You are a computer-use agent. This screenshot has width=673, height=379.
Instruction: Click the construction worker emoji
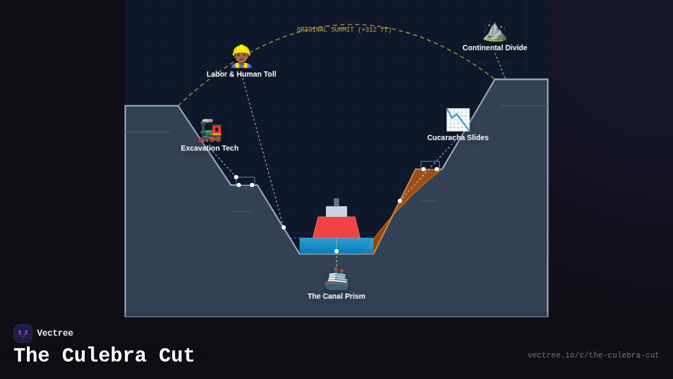(x=241, y=56)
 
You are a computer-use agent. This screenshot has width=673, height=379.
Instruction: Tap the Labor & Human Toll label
(x=241, y=74)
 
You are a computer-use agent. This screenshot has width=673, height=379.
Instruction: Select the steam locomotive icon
(x=210, y=130)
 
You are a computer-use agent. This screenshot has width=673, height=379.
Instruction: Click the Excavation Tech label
(x=210, y=148)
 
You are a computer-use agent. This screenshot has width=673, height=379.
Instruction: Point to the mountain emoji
(x=495, y=31)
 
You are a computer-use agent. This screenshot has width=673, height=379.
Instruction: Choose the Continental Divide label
(x=495, y=48)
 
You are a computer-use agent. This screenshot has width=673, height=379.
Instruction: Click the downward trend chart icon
(x=458, y=120)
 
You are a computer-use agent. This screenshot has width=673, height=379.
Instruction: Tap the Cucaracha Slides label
(x=458, y=138)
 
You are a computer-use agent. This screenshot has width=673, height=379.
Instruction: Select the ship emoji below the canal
(x=336, y=278)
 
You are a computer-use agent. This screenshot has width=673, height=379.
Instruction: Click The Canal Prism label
(x=336, y=296)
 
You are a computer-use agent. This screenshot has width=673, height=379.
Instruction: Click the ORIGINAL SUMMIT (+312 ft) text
(x=344, y=30)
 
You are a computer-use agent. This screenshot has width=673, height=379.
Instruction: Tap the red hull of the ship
(x=336, y=227)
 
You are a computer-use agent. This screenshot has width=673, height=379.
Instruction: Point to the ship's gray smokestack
(x=336, y=202)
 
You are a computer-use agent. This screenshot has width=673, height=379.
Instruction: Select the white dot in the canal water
(x=336, y=251)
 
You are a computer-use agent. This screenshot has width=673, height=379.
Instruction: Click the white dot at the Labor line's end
(x=284, y=227)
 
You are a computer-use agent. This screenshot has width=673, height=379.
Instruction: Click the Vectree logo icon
(x=23, y=334)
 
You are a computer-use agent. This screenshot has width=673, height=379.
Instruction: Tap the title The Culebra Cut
(x=104, y=356)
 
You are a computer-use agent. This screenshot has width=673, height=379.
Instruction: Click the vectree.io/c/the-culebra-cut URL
(x=593, y=355)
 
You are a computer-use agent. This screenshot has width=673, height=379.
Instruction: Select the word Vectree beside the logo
(x=55, y=334)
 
